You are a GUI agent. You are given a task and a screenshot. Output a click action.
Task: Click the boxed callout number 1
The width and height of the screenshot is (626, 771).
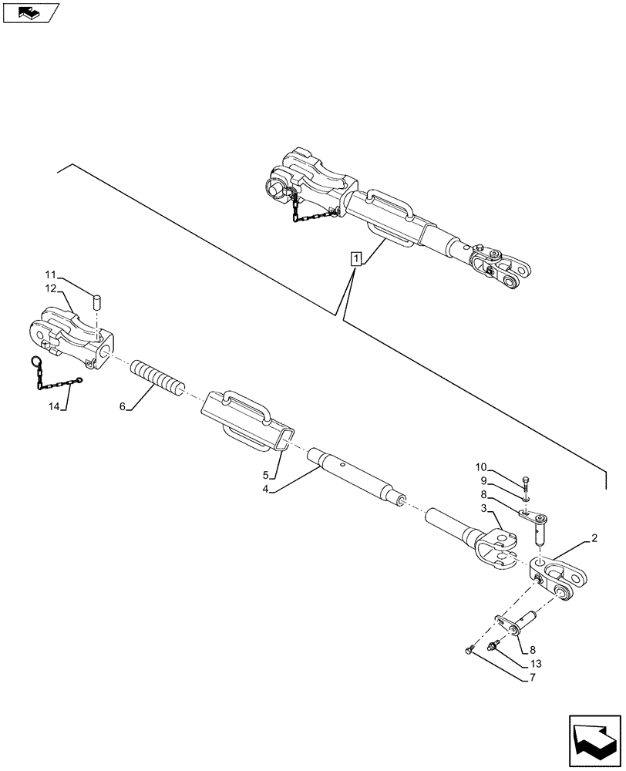[x=355, y=258]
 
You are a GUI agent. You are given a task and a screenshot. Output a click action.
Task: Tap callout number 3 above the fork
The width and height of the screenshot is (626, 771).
[x=483, y=508]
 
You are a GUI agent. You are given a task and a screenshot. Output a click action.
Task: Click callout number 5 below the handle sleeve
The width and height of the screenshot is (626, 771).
[x=266, y=475]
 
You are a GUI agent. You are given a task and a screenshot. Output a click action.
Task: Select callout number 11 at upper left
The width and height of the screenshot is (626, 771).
[x=50, y=275]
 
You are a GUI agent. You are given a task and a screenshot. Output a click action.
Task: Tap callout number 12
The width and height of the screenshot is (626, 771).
[x=50, y=288]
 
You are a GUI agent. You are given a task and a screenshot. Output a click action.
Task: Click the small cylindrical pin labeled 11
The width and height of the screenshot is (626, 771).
[x=97, y=301]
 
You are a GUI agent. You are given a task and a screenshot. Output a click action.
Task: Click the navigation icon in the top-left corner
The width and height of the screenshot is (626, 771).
[x=29, y=12]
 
